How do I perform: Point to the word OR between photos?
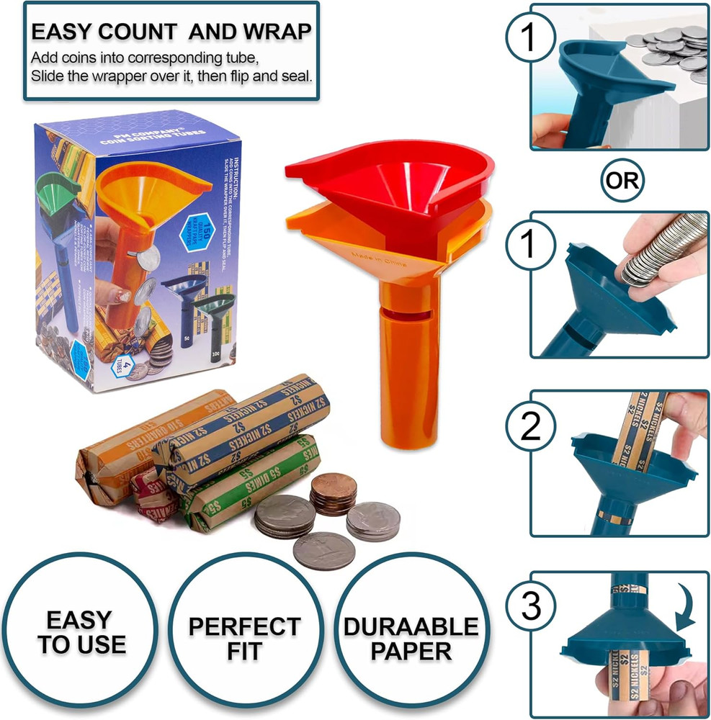[x=621, y=179]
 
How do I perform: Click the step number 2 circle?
[x=531, y=428]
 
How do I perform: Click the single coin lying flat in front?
[x=323, y=551]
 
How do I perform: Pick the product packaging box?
[x=137, y=252]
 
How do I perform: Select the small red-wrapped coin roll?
[x=155, y=497]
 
